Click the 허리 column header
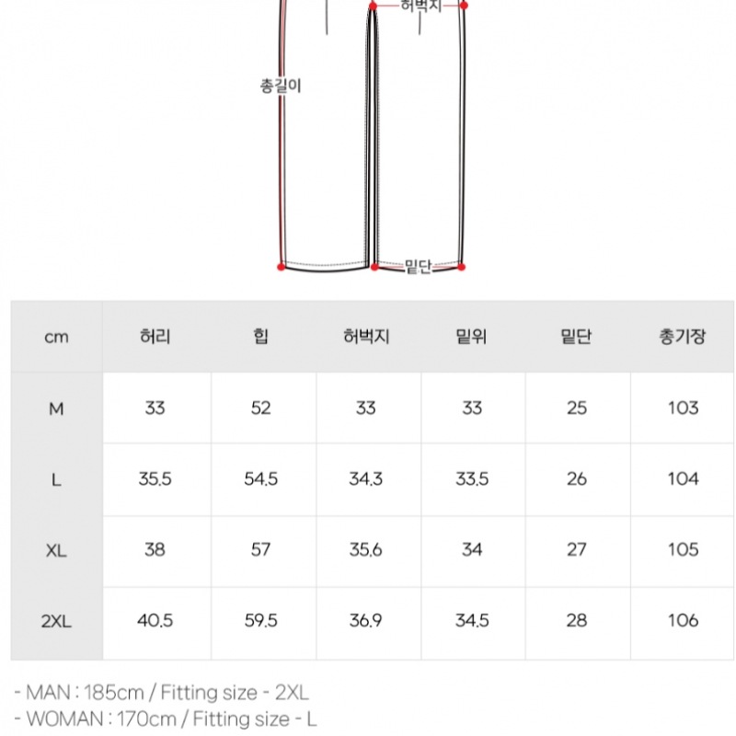click(155, 337)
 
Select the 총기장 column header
click(682, 337)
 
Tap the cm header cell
click(56, 337)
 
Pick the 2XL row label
click(56, 622)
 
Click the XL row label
click(56, 550)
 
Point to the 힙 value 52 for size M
click(260, 408)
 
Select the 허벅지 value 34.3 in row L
click(365, 478)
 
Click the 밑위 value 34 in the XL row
click(472, 549)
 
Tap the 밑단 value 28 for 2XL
click(577, 620)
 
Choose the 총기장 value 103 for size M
click(683, 408)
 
